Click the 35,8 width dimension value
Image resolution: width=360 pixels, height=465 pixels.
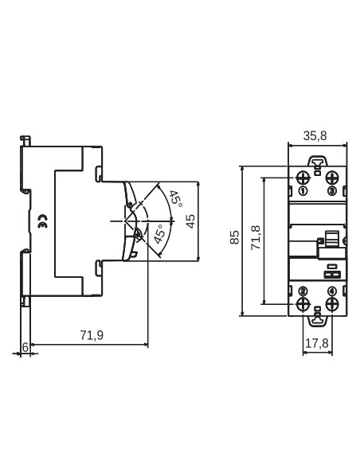pyautogui.click(x=315, y=136)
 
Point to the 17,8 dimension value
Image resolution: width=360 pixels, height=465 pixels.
pyautogui.click(x=318, y=345)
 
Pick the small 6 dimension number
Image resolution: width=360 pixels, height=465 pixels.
pyautogui.click(x=25, y=346)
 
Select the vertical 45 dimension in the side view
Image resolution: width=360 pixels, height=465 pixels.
pyautogui.click(x=190, y=221)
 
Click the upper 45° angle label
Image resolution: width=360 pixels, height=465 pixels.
pyautogui.click(x=174, y=198)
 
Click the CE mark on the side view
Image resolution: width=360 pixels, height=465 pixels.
pyautogui.click(x=42, y=225)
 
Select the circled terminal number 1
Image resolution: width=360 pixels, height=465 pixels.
pyautogui.click(x=303, y=191)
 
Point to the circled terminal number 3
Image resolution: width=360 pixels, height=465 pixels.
pyautogui.click(x=331, y=191)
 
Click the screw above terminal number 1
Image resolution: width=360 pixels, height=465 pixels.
pyautogui.click(x=303, y=177)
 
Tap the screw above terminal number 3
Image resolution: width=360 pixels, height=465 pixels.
pyautogui.click(x=332, y=177)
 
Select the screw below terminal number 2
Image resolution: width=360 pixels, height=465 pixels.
pyautogui.click(x=303, y=304)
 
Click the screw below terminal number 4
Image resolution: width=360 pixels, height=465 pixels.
pyautogui.click(x=332, y=304)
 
